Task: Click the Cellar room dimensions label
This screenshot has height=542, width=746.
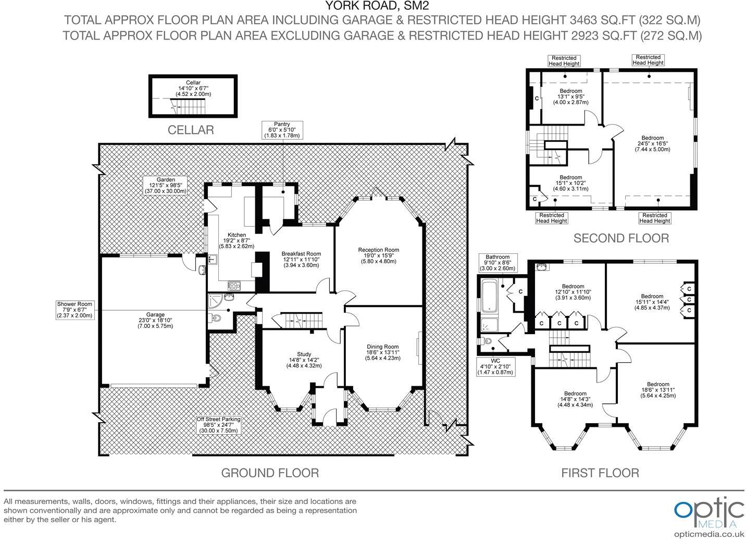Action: (193, 88)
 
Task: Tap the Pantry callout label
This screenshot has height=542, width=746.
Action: (282, 130)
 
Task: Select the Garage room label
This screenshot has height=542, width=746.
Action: (155, 320)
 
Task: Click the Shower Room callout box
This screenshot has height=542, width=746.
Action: (75, 310)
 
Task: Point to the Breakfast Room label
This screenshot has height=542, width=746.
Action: (301, 260)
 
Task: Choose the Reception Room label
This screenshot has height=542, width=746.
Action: (379, 255)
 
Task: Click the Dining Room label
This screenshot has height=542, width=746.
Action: (383, 352)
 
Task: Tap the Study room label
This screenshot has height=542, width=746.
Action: (304, 360)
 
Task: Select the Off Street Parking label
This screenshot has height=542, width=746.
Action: (218, 425)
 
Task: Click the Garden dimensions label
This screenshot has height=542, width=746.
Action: (166, 185)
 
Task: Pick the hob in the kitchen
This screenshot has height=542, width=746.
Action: (234, 286)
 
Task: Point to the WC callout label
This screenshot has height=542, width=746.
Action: (496, 367)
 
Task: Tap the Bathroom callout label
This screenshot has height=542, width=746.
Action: (498, 263)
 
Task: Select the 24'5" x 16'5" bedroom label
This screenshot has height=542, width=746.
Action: (652, 144)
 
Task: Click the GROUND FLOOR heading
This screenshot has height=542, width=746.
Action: (270, 473)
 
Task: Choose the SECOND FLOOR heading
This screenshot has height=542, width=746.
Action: (621, 238)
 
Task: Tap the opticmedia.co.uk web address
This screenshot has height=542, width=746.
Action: (708, 534)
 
